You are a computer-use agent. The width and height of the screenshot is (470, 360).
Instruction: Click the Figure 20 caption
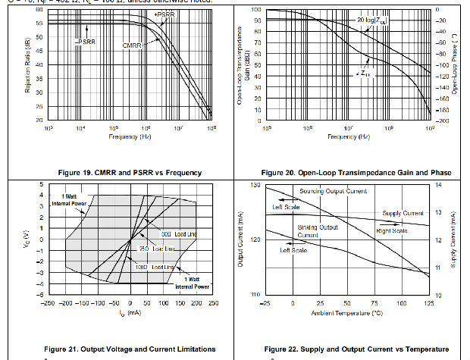pyautogui.click(x=356, y=173)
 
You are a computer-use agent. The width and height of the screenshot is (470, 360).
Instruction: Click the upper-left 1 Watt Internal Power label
pyautogui.click(x=70, y=200)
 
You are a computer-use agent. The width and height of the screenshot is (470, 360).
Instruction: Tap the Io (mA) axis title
pyautogui.click(x=130, y=311)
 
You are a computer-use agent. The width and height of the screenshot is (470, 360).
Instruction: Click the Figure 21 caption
pyautogui.click(x=124, y=349)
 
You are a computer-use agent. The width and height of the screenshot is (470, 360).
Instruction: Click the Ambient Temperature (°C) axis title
pyautogui.click(x=346, y=311)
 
